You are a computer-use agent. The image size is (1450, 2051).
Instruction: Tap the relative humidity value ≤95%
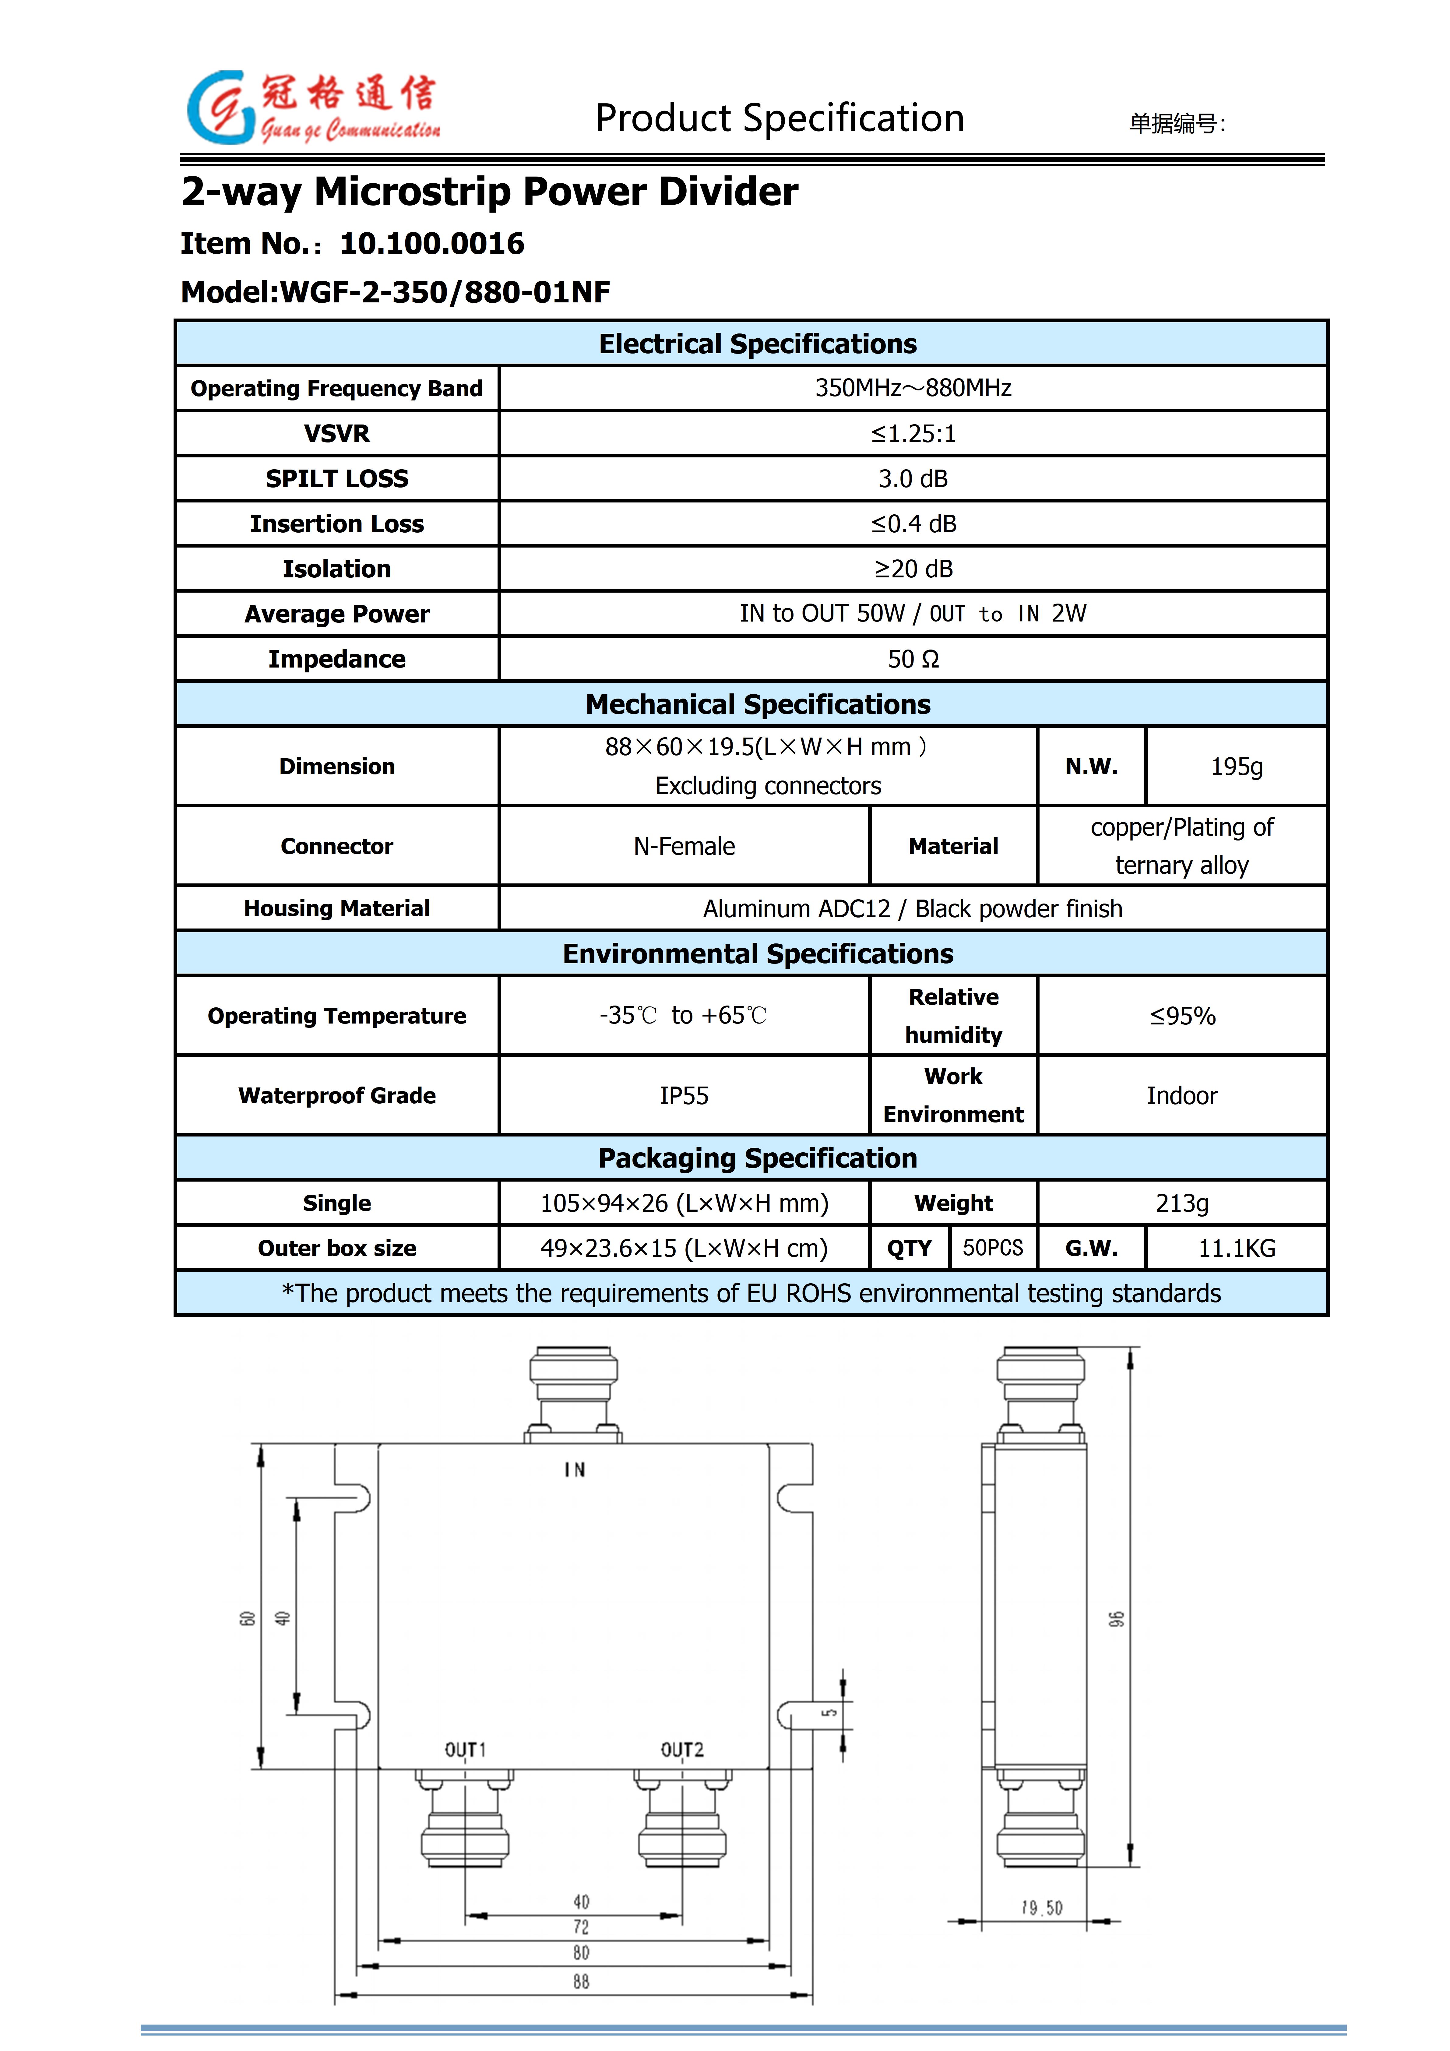[1182, 1016]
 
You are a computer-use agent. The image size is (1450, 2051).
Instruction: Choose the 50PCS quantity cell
[993, 1248]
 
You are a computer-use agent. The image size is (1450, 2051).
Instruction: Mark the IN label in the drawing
[575, 1469]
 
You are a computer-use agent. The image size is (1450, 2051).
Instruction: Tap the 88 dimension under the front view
[581, 1981]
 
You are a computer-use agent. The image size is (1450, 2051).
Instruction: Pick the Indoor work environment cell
[1182, 1095]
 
